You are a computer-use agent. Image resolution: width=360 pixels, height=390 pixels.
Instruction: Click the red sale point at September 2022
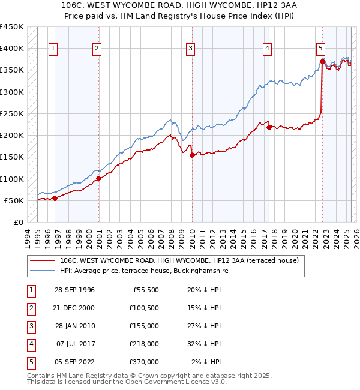point(322,61)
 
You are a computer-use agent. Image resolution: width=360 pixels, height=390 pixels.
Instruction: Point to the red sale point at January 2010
point(192,155)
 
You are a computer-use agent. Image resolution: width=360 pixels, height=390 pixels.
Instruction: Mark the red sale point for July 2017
point(269,127)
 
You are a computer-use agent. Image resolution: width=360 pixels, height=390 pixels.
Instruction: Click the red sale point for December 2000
point(98,178)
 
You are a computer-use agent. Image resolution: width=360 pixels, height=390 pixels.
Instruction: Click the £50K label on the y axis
point(14,200)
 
